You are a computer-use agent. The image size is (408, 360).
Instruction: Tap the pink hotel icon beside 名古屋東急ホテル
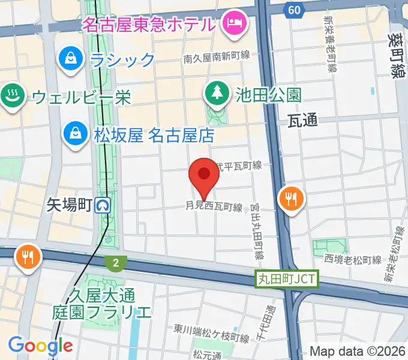(231, 23)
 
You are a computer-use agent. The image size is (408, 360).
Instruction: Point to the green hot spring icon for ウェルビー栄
(11, 95)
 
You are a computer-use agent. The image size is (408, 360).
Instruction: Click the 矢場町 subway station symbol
(104, 206)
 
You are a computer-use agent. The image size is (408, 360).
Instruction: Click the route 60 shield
(293, 10)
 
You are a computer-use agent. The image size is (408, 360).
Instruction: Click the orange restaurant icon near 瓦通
(291, 199)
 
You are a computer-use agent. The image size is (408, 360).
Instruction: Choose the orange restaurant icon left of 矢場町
(28, 257)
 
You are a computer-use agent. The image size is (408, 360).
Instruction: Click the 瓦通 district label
(302, 120)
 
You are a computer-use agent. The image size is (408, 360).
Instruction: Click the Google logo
(40, 345)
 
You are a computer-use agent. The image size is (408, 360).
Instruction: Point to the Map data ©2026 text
(358, 351)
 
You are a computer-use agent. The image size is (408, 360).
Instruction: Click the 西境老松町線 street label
(353, 259)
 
